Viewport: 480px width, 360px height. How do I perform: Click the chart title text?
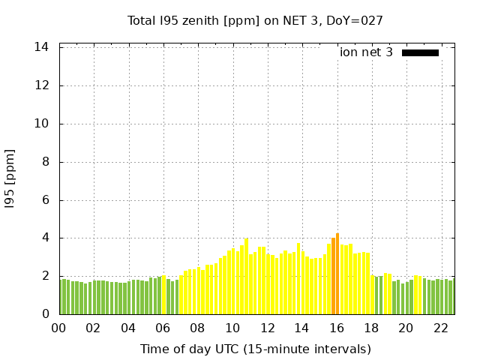255,21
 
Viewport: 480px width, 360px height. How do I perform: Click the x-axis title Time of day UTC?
255,349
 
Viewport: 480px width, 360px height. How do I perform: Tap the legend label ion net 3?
366,52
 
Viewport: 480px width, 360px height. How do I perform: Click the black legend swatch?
420,52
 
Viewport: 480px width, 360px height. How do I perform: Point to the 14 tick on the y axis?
42,47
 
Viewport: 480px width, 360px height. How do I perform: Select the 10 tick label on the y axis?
42,124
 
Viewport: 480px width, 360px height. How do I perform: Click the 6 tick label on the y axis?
45,200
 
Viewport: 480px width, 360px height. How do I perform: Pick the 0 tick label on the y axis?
45,314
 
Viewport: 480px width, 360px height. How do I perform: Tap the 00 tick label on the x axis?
58,328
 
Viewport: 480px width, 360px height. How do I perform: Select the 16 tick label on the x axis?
337,328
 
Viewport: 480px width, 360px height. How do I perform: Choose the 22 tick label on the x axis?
441,328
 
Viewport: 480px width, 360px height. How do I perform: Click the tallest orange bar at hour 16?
337,274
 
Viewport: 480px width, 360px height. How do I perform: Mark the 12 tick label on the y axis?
42,85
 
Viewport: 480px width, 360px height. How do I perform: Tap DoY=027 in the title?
356,21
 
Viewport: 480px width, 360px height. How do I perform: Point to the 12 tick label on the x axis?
267,328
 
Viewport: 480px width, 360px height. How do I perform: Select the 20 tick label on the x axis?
406,328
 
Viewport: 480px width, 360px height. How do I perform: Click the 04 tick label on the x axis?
128,328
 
